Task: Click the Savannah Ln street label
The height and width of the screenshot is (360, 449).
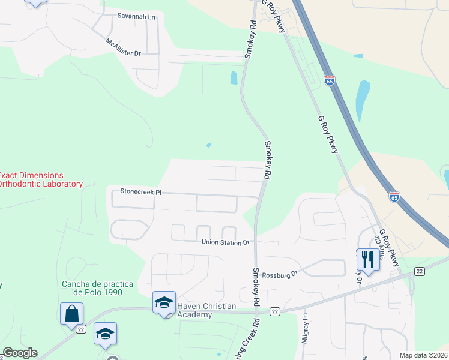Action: click(136, 17)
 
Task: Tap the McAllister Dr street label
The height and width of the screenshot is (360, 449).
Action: click(123, 48)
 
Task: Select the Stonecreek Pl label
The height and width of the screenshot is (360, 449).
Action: click(142, 192)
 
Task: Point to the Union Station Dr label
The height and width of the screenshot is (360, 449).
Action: click(225, 242)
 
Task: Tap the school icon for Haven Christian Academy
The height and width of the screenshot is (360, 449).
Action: click(164, 303)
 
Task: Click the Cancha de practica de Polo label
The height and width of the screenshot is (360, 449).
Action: click(92, 288)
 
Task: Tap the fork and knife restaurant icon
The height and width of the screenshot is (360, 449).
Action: click(368, 260)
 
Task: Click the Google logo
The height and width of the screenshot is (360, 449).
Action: click(20, 353)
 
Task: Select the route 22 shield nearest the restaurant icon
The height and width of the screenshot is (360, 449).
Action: click(420, 271)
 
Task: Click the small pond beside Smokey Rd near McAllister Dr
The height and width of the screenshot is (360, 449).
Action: click(234, 78)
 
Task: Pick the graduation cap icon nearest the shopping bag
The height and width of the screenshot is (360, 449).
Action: click(105, 334)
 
